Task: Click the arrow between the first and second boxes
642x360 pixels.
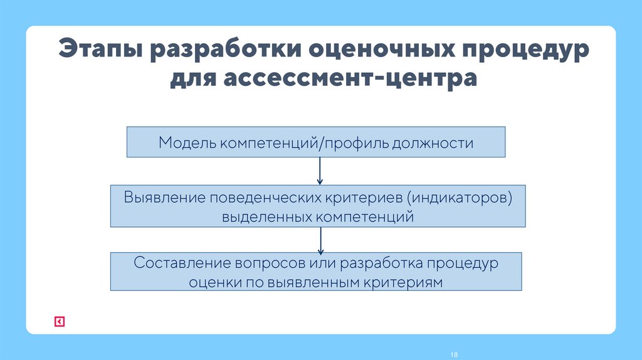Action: pos(320,171)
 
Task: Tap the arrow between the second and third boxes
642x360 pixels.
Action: pos(320,240)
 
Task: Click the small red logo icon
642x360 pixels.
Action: pos(59,321)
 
